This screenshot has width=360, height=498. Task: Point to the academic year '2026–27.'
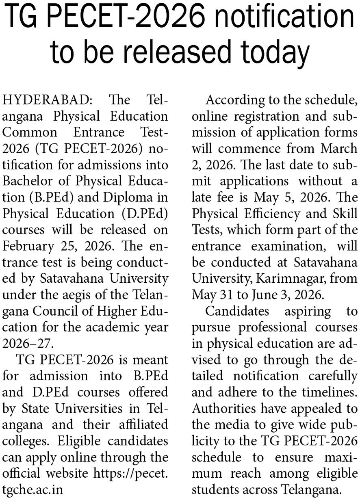click(28, 343)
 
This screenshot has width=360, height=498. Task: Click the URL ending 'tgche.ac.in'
click(33, 489)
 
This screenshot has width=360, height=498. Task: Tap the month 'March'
click(339, 148)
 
